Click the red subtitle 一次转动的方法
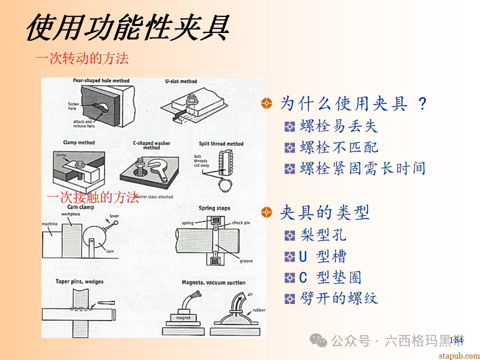pyautogui.click(x=82, y=58)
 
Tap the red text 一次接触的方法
pyautogui.click(x=92, y=197)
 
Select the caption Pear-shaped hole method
pyautogui.click(x=101, y=80)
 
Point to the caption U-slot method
pyautogui.click(x=181, y=81)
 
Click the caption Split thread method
pyautogui.click(x=221, y=143)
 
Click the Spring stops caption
pyautogui.click(x=214, y=207)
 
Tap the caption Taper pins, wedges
pyautogui.click(x=79, y=281)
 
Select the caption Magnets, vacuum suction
pyautogui.click(x=213, y=282)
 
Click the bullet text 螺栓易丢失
pyautogui.click(x=338, y=126)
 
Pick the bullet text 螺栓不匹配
pyautogui.click(x=338, y=147)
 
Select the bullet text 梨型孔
pyautogui.click(x=323, y=235)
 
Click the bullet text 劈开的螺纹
pyautogui.click(x=338, y=298)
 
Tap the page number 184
pyautogui.click(x=456, y=340)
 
